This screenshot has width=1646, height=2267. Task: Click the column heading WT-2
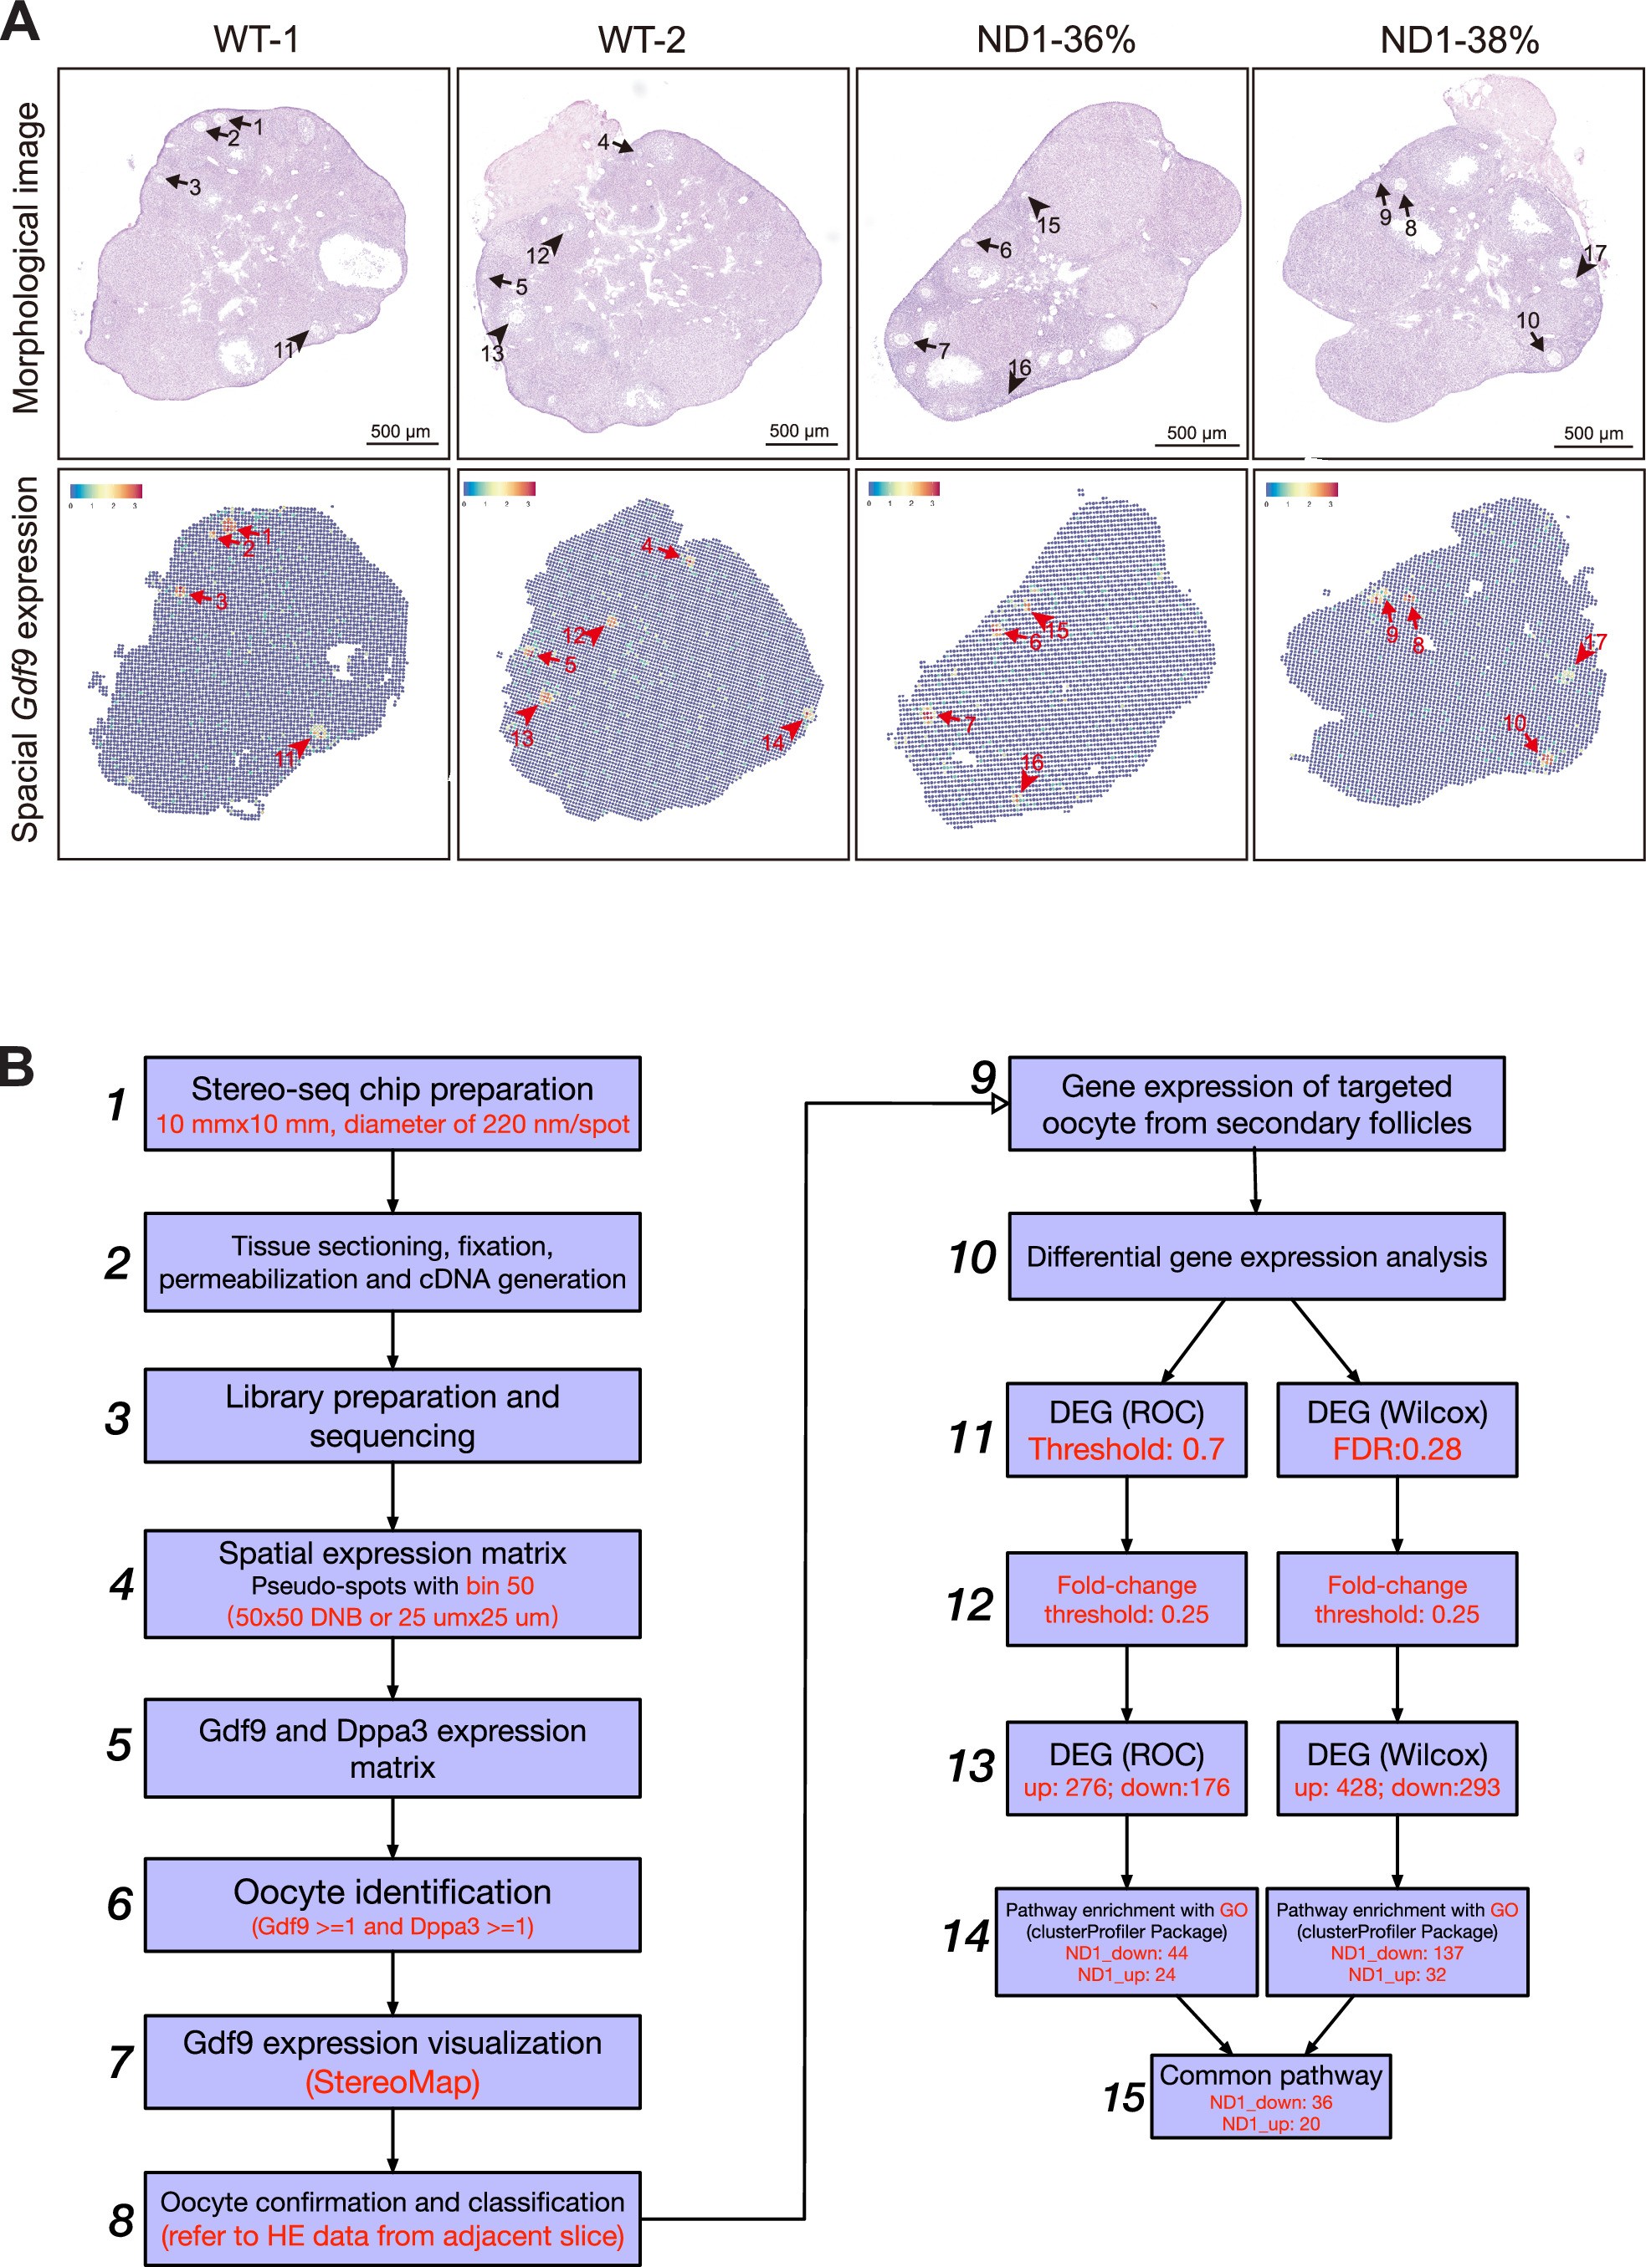641,40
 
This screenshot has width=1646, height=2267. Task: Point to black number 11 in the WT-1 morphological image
284,350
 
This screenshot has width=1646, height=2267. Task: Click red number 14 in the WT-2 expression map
773,743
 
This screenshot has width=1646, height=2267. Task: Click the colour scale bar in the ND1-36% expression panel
904,489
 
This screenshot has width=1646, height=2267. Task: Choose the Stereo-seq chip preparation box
392,1104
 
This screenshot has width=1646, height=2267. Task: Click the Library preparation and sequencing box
392,1416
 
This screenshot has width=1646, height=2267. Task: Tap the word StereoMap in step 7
392,2082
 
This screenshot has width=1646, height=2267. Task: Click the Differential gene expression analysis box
1256,1257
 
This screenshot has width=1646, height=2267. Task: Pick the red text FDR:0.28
1396,1448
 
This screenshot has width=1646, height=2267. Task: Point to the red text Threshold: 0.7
1126,1448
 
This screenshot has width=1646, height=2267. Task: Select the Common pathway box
1270,2097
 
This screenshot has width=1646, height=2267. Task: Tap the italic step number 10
971,1258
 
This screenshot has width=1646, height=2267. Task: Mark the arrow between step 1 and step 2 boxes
392,1182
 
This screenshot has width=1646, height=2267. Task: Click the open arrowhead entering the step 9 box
998,1105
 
